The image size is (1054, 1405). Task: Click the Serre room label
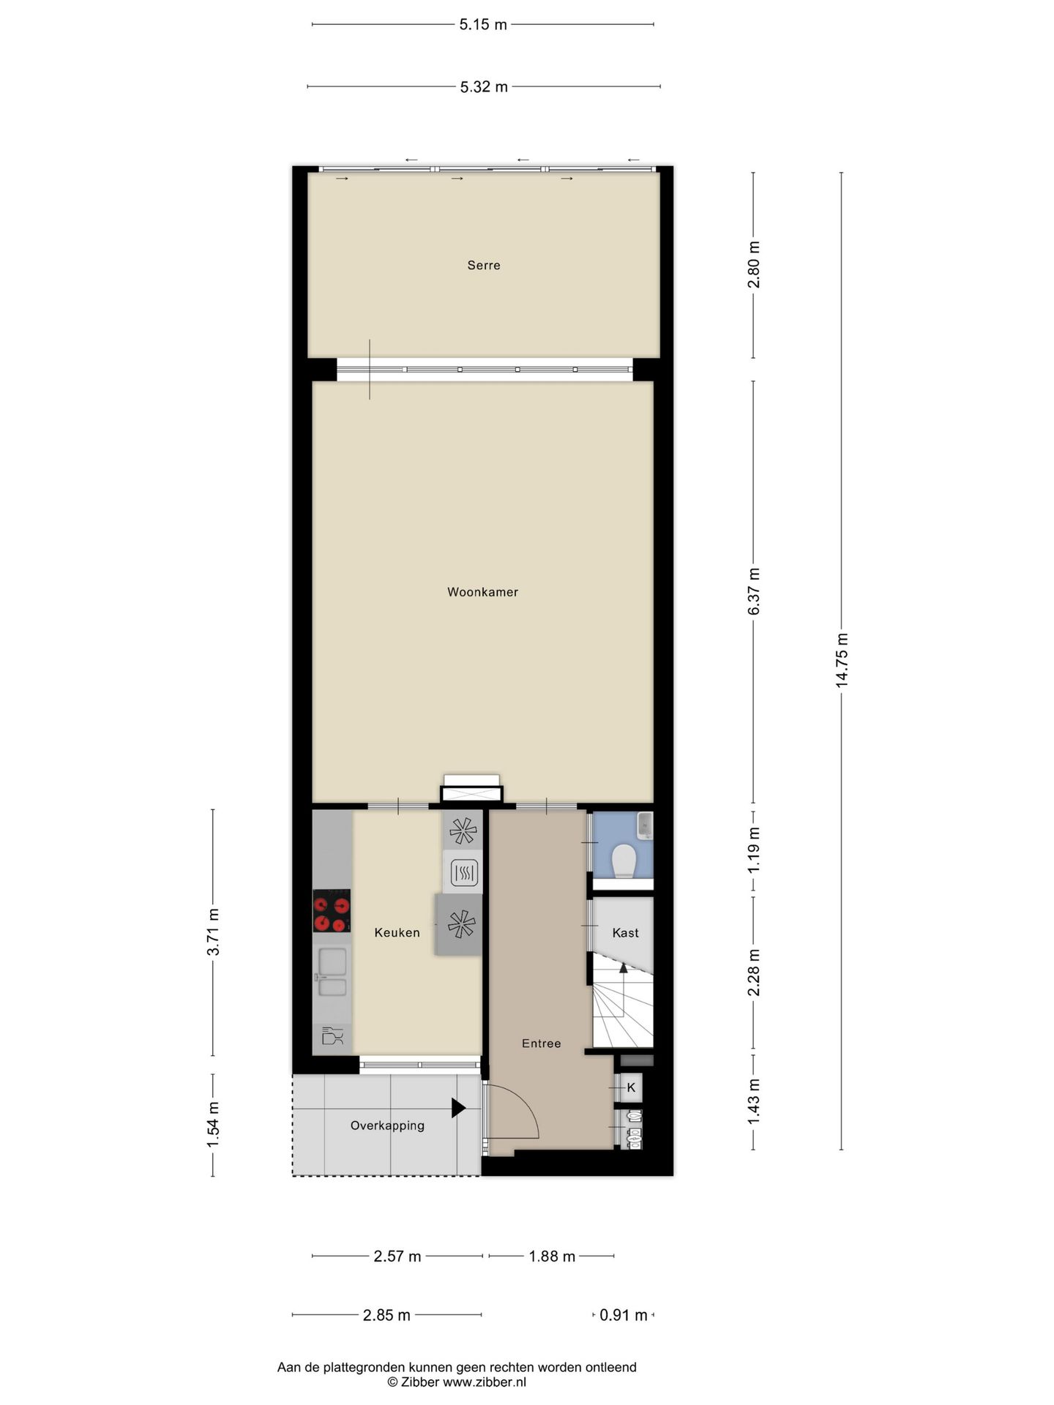point(484,266)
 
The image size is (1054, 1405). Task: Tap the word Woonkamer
point(482,592)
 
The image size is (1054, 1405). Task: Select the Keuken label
point(397,932)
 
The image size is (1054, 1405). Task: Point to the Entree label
point(541,1044)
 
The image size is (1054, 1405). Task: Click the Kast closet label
point(625,933)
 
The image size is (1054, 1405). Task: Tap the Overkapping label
point(387,1125)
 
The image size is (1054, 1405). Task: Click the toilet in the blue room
point(624,860)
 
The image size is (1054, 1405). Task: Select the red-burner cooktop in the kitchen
point(331,911)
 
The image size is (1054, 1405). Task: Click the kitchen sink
point(332,973)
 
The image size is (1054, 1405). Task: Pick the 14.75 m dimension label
point(842,659)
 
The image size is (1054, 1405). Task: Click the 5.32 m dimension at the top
point(484,87)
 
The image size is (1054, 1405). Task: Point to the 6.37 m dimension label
point(754,591)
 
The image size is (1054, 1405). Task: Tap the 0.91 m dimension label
point(623,1316)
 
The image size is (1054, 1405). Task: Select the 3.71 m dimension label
point(213,932)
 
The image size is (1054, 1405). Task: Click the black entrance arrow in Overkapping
point(458,1108)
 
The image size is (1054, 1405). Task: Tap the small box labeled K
point(631,1088)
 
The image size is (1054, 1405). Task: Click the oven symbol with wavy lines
point(463,872)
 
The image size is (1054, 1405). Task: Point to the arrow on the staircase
point(624,969)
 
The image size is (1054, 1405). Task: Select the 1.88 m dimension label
point(552,1256)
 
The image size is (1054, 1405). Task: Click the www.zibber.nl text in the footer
point(484,1382)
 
